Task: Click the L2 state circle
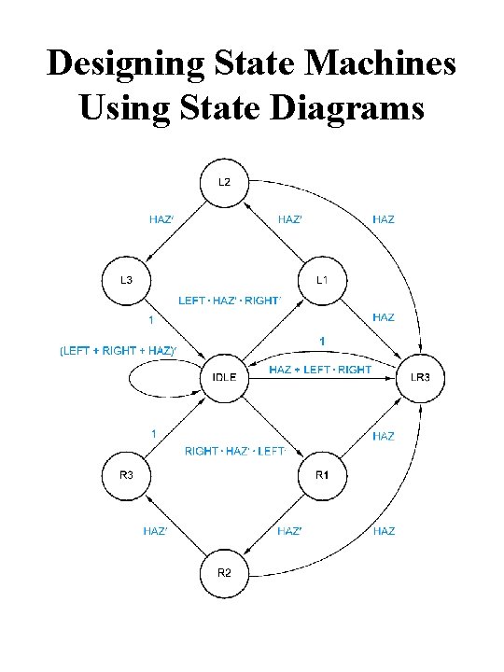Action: click(x=224, y=182)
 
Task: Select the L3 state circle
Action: click(x=124, y=280)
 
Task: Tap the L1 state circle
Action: click(x=322, y=280)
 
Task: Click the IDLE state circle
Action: click(x=224, y=378)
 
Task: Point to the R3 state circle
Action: click(x=124, y=476)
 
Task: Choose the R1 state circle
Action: click(x=322, y=476)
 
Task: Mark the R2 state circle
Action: click(x=224, y=573)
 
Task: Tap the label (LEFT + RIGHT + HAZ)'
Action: click(x=118, y=351)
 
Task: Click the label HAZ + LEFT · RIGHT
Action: click(x=319, y=371)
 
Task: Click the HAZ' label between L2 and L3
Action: click(x=161, y=219)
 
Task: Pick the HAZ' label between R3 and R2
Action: click(x=155, y=531)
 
